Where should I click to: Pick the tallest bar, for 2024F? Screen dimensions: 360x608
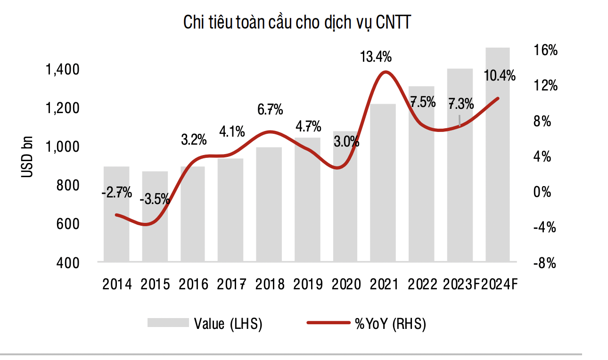tap(498, 155)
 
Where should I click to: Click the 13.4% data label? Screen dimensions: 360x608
tap(376, 57)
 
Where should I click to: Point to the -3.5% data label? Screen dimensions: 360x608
tap(155, 199)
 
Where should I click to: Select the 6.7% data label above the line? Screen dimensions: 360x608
tap(270, 110)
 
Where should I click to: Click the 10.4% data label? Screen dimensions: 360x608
tap(500, 75)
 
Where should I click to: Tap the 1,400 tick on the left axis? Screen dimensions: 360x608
tap(62, 71)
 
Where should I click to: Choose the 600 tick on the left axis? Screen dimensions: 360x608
tap(68, 224)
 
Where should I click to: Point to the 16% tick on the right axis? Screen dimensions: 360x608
tap(545, 51)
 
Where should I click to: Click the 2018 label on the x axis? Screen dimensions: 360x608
tap(270, 284)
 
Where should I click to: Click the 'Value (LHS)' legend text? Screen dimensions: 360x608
tap(228, 324)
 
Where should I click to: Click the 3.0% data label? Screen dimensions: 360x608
tap(346, 141)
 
